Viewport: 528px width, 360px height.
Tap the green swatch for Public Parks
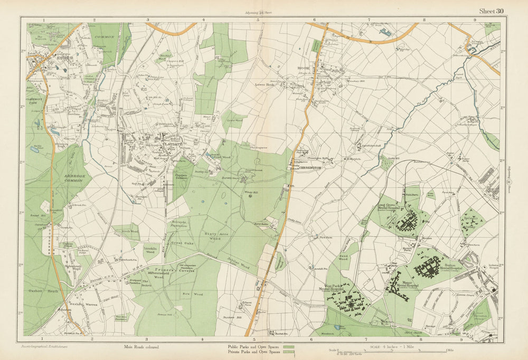click(288, 346)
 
